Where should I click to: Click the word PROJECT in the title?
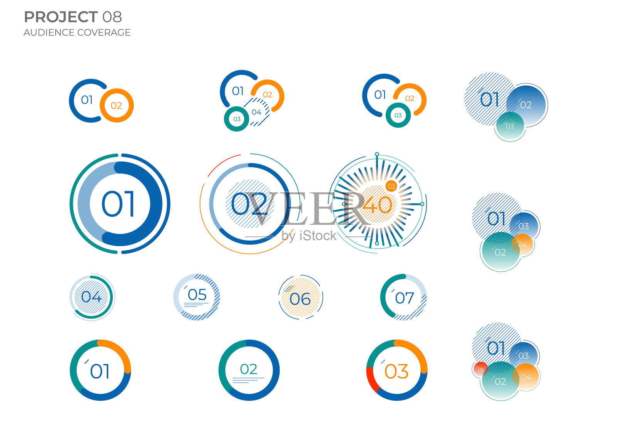click(61, 17)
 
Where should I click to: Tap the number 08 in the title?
click(112, 17)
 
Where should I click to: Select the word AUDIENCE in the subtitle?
click(49, 32)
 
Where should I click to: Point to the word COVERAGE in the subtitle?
click(104, 32)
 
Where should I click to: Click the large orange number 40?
click(377, 205)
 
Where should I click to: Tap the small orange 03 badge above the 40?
click(391, 187)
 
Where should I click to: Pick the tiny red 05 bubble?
click(480, 369)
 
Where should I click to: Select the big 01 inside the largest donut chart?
click(118, 204)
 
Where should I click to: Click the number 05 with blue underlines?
click(197, 295)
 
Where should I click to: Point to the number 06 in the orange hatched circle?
click(300, 299)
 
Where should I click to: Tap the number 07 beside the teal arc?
click(405, 298)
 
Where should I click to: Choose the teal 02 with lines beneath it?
click(248, 369)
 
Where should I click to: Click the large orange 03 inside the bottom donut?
click(396, 371)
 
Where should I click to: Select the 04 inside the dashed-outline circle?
click(256, 112)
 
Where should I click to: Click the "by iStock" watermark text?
click(309, 236)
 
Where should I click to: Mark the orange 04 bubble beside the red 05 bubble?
click(526, 377)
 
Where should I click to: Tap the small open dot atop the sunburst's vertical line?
click(377, 154)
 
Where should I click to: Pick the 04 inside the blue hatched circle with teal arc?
click(91, 297)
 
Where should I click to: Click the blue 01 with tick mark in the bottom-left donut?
click(100, 371)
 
